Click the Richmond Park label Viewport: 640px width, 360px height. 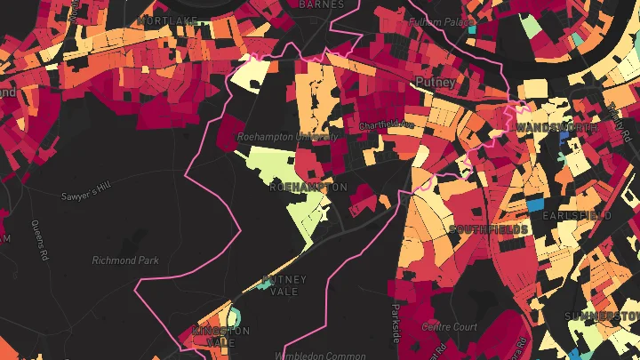124,260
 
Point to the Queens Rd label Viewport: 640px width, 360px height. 39,240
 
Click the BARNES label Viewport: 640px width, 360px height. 321,4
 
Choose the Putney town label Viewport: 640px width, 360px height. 436,82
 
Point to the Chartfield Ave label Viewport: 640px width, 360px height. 386,125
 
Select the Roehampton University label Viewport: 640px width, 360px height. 287,138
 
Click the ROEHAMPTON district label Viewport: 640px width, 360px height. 308,188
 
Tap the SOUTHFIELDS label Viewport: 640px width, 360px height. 489,229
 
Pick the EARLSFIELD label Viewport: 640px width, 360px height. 577,216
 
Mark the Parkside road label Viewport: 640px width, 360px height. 396,323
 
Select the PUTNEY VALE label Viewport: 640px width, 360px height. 284,285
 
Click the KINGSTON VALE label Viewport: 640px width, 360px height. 220,336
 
